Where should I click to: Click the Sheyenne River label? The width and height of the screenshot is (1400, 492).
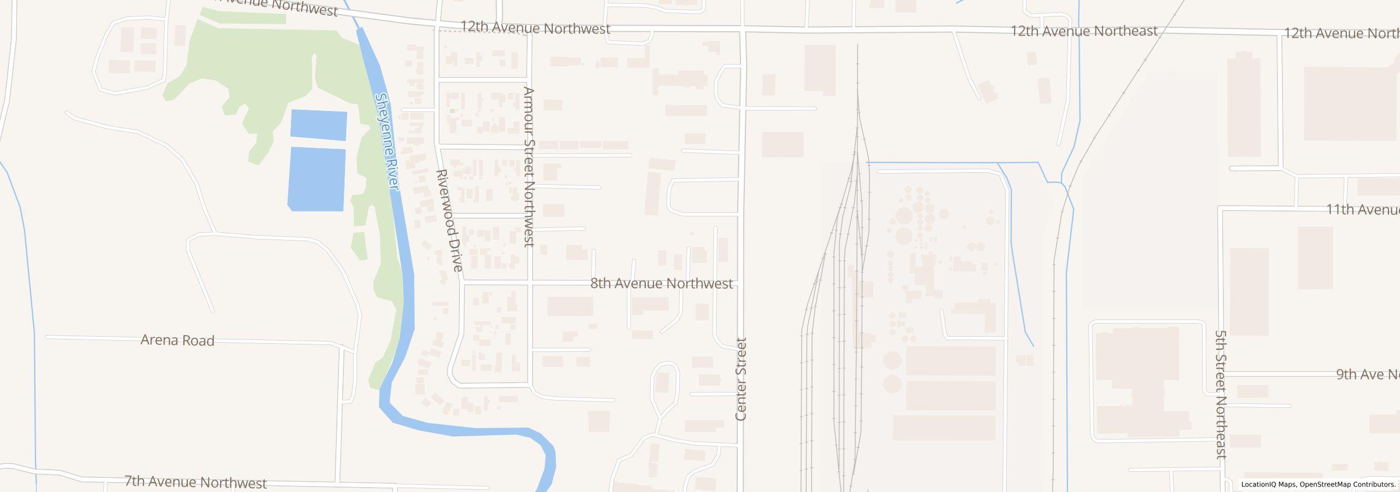[387, 142]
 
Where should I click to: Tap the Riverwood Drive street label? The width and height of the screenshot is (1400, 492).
[450, 220]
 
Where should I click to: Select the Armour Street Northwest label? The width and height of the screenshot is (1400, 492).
[528, 167]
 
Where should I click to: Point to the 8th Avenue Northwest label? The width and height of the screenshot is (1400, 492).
[661, 284]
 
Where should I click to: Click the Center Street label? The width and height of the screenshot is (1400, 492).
[741, 379]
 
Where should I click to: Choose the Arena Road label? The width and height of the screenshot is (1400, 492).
[177, 341]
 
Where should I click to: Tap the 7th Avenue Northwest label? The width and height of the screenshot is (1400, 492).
[195, 482]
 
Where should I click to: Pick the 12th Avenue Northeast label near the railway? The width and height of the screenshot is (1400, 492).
[1083, 31]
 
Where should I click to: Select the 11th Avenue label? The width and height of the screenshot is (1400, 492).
[1362, 209]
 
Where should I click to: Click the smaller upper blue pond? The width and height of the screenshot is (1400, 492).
[318, 125]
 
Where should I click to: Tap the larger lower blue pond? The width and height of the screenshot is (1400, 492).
[317, 179]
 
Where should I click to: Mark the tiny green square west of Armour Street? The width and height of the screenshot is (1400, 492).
[452, 112]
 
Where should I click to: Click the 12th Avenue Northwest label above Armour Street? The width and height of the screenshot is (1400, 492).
[535, 28]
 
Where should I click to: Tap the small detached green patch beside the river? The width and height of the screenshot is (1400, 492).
[359, 245]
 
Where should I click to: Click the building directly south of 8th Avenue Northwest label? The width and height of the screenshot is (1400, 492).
[651, 305]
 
